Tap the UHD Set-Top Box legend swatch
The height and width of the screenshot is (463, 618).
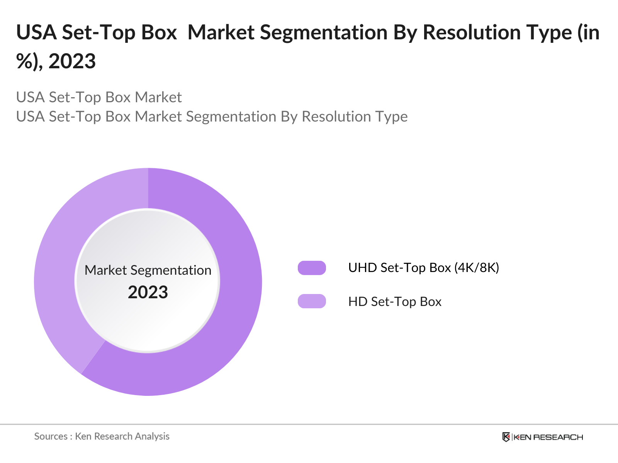tap(312, 268)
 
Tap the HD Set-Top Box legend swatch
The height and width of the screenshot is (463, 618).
tap(312, 301)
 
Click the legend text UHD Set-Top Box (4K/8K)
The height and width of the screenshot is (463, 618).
tap(423, 268)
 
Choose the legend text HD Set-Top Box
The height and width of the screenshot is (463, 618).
tap(394, 301)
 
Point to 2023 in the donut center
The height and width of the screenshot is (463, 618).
tap(148, 292)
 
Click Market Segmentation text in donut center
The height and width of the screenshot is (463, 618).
tap(148, 270)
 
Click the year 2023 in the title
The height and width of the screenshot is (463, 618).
tap(72, 61)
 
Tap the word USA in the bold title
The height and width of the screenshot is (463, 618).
tap(36, 32)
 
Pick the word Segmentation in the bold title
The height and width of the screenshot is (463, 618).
tap(324, 32)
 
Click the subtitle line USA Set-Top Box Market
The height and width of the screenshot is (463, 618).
tap(99, 97)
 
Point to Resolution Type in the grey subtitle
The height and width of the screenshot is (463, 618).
tap(355, 117)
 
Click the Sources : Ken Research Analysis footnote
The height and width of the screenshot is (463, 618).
tap(102, 436)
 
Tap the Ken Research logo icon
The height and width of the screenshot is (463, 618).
tap(506, 437)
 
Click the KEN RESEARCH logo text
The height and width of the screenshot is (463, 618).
tap(548, 437)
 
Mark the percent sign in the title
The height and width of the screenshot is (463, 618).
tap(24, 61)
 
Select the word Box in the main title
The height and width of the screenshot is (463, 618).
tap(159, 32)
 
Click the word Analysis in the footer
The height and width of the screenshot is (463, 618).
tap(152, 436)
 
